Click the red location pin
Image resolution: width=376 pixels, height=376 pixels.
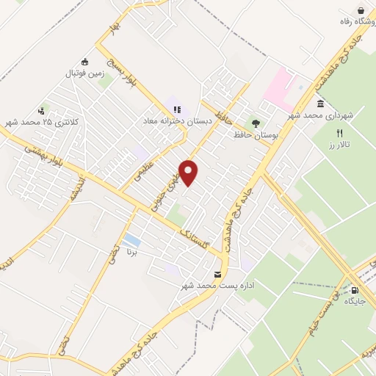pyautogui.click(x=189, y=172)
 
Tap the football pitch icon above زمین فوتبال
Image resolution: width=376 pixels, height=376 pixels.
pyautogui.click(x=86, y=62)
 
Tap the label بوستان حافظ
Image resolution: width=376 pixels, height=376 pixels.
pyautogui.click(x=248, y=136)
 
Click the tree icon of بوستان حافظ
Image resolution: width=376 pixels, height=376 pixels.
pyautogui.click(x=256, y=123)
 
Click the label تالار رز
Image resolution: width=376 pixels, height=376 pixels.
pyautogui.click(x=339, y=145)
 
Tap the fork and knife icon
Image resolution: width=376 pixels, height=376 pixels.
pyautogui.click(x=339, y=134)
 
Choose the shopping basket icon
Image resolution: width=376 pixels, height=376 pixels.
pyautogui.click(x=361, y=10)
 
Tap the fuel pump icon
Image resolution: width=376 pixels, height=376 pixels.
pyautogui.click(x=355, y=289)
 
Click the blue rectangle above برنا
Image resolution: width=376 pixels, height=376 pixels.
pyautogui.click(x=132, y=240)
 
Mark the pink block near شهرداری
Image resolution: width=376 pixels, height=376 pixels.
pyautogui.click(x=280, y=85)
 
